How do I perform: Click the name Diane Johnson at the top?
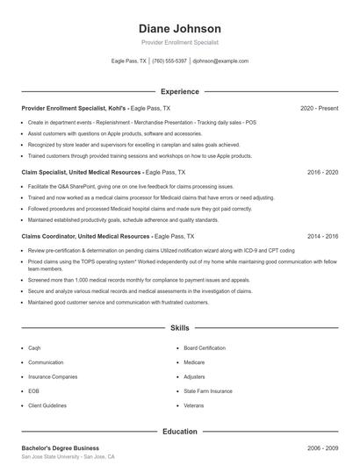point(180,28)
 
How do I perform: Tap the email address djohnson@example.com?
point(220,61)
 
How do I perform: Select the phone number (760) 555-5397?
point(169,61)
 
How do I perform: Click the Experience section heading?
point(180,91)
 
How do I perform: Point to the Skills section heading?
point(180,328)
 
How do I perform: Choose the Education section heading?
point(180,432)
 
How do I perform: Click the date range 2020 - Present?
point(319,108)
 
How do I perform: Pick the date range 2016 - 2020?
point(322,174)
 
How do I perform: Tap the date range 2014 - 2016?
point(322,237)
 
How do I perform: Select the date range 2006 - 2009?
point(322,447)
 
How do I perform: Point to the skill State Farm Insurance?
point(208,391)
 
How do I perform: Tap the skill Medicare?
point(194,361)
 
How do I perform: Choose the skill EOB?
point(33,391)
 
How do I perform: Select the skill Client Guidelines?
point(47,405)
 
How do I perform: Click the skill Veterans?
point(194,405)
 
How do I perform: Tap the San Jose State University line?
point(68,458)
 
